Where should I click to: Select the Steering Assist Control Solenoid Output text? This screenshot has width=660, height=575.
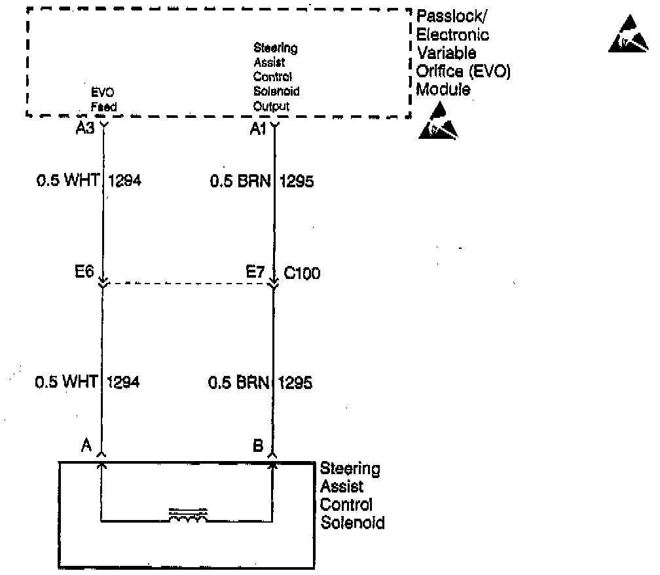276,77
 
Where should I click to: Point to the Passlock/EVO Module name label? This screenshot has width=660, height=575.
462,62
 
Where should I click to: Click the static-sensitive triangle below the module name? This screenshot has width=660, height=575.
438,122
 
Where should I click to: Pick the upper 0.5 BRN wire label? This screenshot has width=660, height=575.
240,180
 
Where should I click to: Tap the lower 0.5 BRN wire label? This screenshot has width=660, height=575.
239,382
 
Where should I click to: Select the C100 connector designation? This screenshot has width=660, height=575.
302,273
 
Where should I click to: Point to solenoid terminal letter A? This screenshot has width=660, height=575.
86,445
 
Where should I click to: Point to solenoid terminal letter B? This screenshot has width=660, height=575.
258,445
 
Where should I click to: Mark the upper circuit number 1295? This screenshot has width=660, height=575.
297,181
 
